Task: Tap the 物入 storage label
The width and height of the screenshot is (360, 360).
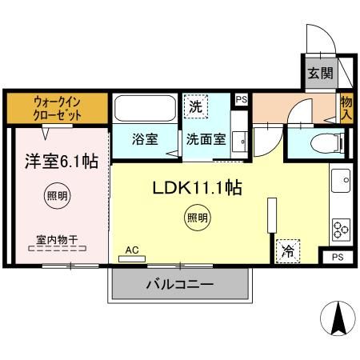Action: [346, 107]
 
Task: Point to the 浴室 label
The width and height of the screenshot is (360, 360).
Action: [145, 138]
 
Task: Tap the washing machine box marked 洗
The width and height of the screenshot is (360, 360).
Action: [195, 106]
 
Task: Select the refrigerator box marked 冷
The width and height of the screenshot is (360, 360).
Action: [286, 251]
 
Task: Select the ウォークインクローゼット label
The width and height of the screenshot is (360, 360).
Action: [57, 108]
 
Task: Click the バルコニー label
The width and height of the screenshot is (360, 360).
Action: [180, 285]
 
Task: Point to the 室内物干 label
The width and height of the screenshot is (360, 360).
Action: [57, 238]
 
